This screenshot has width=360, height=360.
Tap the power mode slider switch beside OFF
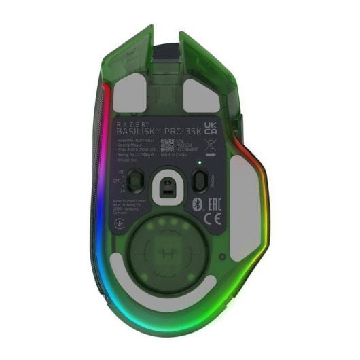tap(135, 180)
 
